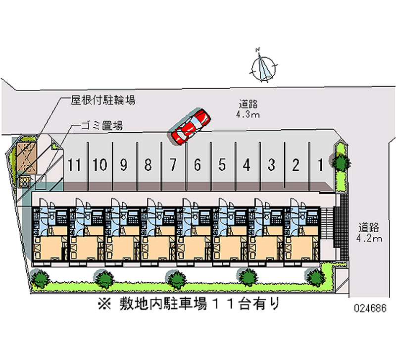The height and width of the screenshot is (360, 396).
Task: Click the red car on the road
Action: [191, 127]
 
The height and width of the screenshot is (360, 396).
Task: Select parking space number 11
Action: [74, 165]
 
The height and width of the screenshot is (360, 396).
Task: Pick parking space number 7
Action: [173, 165]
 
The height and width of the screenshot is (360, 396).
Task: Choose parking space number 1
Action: [320, 165]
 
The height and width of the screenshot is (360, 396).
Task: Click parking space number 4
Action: [247, 165]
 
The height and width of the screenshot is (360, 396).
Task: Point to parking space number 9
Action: [123, 165]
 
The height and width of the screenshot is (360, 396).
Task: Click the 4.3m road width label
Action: [248, 114]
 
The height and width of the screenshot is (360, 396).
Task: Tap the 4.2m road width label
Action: [369, 238]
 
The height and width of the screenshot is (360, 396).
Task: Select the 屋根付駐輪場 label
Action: [103, 100]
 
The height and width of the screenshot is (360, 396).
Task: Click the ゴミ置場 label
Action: [102, 125]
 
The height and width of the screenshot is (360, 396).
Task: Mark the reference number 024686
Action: [370, 308]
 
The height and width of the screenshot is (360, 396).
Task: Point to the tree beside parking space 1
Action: [341, 161]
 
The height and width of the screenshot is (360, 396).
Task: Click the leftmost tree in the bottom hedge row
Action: [40, 279]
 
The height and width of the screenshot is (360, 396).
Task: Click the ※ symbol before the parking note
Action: [104, 304]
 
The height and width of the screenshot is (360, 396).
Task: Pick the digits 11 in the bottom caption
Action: [222, 304]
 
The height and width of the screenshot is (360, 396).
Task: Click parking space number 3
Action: [271, 165]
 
